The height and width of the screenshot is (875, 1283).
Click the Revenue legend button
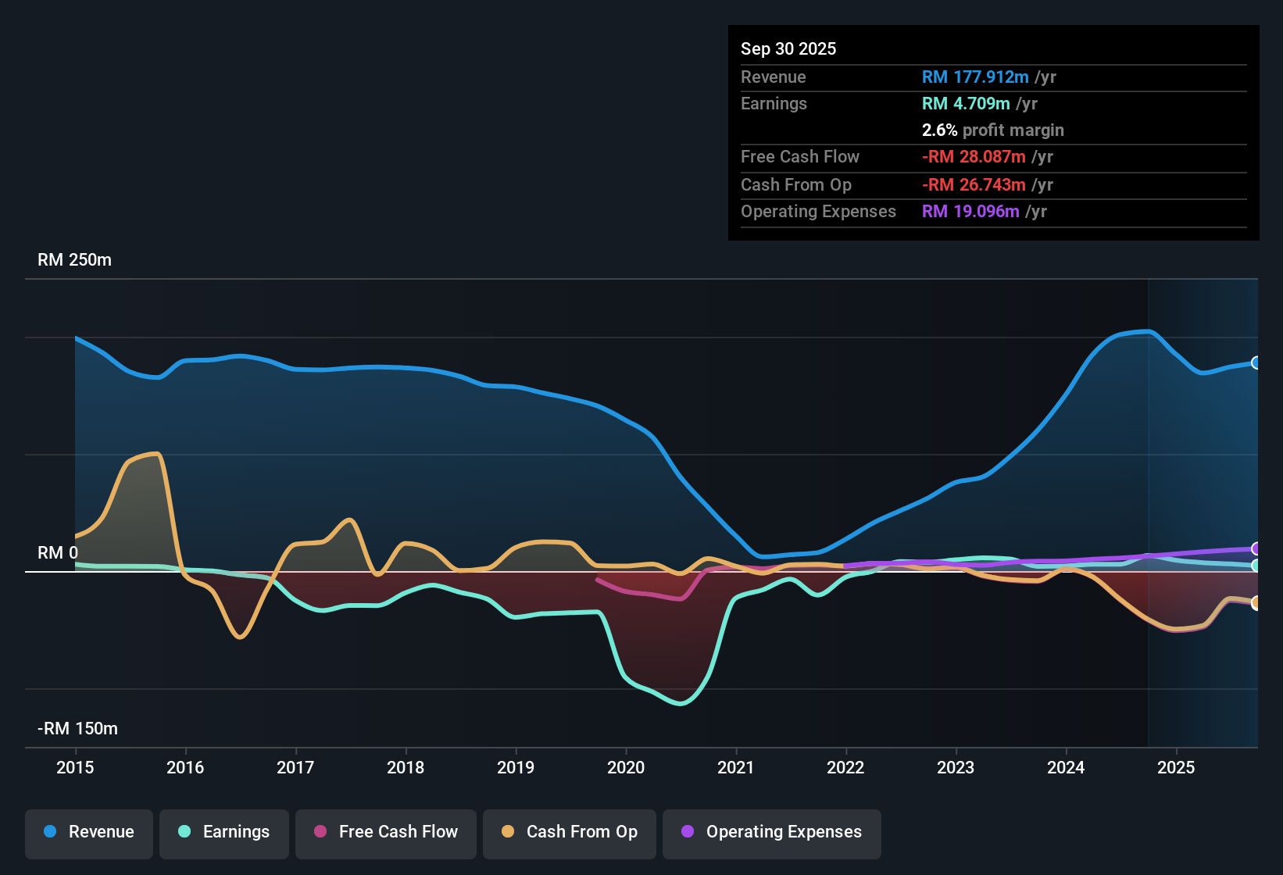pyautogui.click(x=89, y=832)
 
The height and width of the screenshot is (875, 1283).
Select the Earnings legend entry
pyautogui.click(x=224, y=832)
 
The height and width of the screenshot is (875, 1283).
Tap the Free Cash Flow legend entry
pyautogui.click(x=386, y=832)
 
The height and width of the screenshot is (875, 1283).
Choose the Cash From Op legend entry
pyautogui.click(x=570, y=832)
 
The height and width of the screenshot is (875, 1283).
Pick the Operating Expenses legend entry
pyautogui.click(x=772, y=832)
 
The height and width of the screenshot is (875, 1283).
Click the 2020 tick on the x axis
pyautogui.click(x=626, y=767)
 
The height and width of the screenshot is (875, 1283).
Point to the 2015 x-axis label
pyautogui.click(x=75, y=767)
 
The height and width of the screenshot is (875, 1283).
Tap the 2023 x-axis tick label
pyautogui.click(x=956, y=767)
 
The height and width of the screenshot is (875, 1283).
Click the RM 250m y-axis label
pyautogui.click(x=74, y=260)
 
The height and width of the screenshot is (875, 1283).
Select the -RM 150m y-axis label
pyautogui.click(x=77, y=729)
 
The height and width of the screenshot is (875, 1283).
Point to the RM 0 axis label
pyautogui.click(x=58, y=553)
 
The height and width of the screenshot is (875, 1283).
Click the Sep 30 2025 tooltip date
pyautogui.click(x=788, y=49)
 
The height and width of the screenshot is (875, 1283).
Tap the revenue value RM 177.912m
pyautogui.click(x=974, y=77)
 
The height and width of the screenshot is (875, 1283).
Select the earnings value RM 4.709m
pyautogui.click(x=965, y=104)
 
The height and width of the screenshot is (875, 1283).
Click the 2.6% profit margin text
pyautogui.click(x=992, y=130)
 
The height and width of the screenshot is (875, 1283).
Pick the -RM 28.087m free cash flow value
pyautogui.click(x=973, y=157)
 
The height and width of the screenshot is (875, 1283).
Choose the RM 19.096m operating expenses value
pyautogui.click(x=970, y=212)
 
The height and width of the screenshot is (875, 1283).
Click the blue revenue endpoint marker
pyautogui.click(x=1256, y=362)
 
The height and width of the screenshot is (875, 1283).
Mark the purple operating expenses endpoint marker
pyautogui.click(x=1256, y=548)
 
